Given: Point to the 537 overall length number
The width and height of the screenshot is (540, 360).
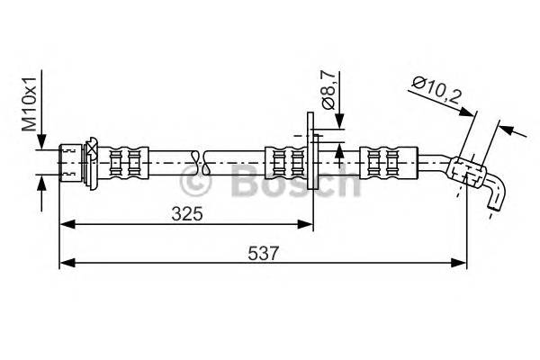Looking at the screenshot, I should click(258, 254).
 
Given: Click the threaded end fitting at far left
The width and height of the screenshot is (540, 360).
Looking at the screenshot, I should click(69, 164).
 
